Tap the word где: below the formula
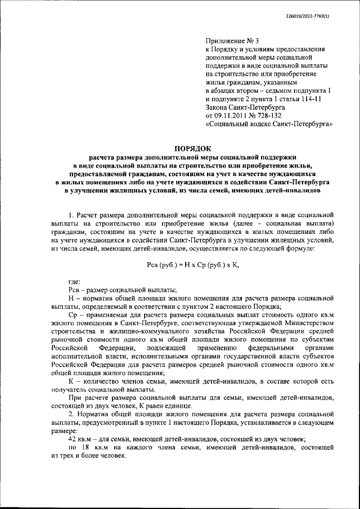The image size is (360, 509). pyautogui.click(x=74, y=281)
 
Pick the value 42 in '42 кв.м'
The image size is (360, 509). pyautogui.click(x=72, y=439)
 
